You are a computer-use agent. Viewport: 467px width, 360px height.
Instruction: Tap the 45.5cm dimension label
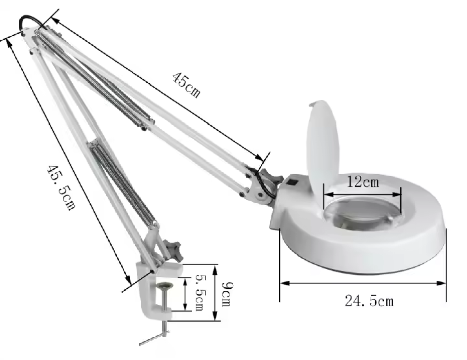tap(61, 188)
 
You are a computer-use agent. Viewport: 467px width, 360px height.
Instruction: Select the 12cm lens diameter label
tap(363, 182)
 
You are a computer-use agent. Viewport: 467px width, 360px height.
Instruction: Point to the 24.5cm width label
tap(369, 301)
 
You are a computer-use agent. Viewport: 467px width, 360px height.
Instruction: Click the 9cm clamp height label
tap(227, 294)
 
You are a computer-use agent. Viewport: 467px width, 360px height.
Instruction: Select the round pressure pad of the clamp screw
tap(166, 286)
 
